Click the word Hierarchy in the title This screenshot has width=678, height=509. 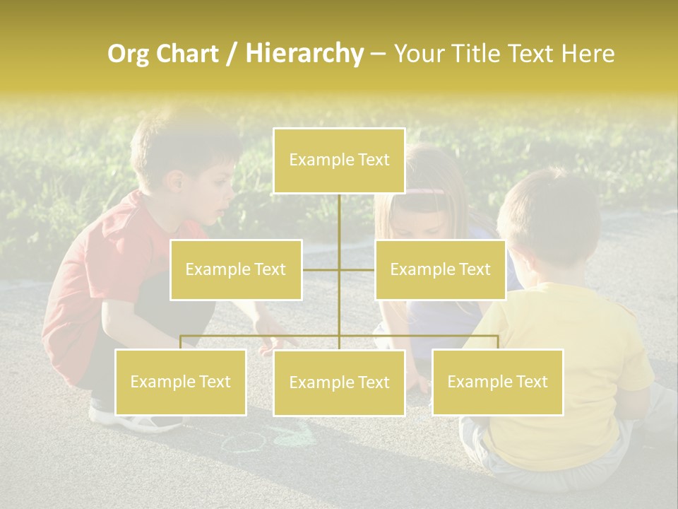(304, 54)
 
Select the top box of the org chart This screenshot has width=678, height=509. (339, 160)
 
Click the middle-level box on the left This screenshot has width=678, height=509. (236, 269)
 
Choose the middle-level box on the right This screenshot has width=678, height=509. (440, 269)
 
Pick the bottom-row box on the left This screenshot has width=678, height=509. (181, 382)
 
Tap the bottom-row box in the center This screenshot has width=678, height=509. (339, 382)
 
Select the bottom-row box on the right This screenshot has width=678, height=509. (497, 382)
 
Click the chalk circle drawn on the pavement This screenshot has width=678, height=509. (244, 443)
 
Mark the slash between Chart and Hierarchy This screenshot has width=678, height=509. (231, 54)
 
